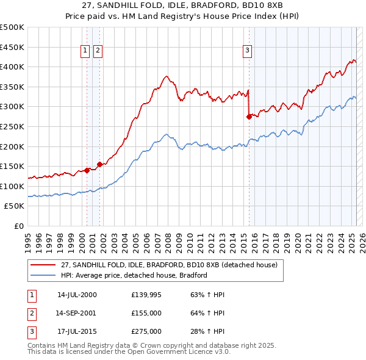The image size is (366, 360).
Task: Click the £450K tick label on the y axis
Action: pyautogui.click(x=12, y=47)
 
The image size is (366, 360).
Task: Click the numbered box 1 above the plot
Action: pyautogui.click(x=86, y=51)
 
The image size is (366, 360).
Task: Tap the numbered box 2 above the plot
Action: pyautogui.click(x=98, y=51)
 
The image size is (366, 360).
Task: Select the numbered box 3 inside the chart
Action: pyautogui.click(x=248, y=51)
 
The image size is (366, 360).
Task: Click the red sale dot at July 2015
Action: pyautogui.click(x=249, y=117)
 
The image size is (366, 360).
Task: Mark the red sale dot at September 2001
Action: pyautogui.click(x=99, y=164)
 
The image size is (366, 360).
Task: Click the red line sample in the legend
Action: pyautogui.click(x=43, y=265)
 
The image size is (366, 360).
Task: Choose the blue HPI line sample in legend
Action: pyautogui.click(x=43, y=275)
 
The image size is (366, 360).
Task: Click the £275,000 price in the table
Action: pyautogui.click(x=146, y=331)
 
